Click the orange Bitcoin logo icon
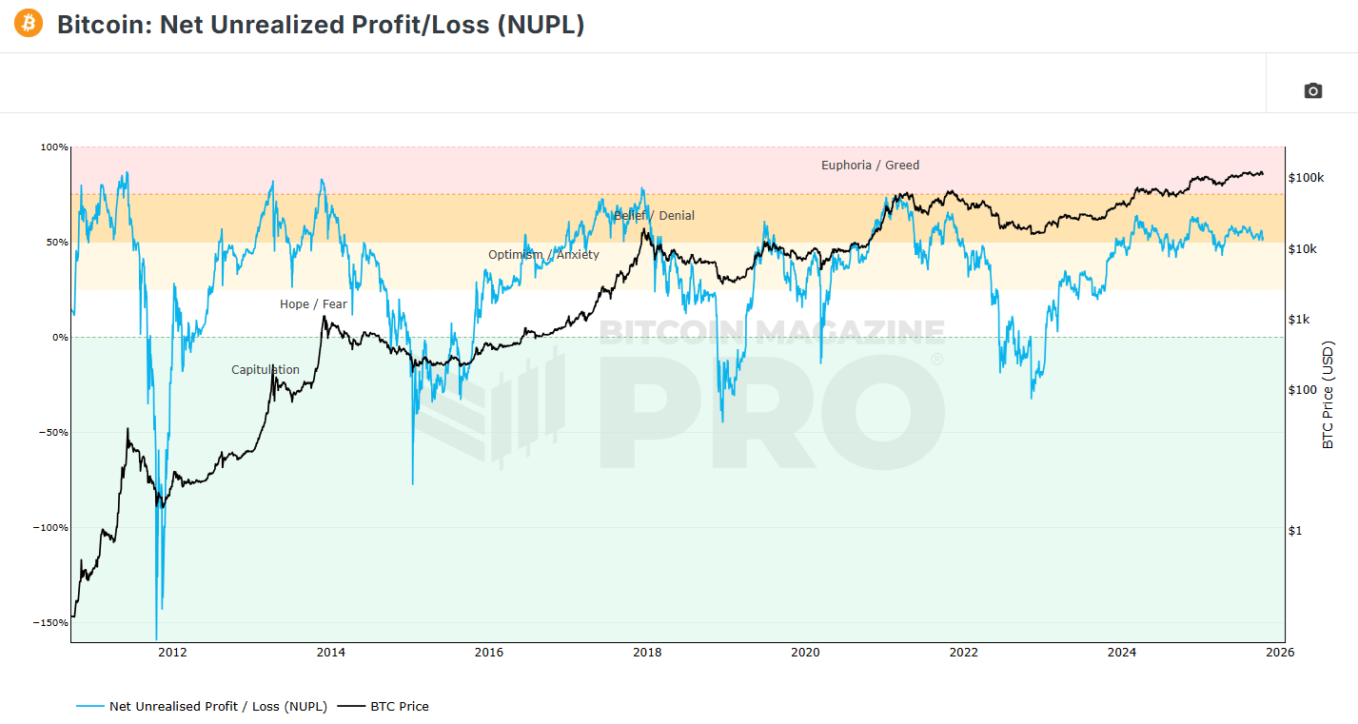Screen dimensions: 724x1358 [x=29, y=24]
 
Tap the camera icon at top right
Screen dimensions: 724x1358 [x=1312, y=90]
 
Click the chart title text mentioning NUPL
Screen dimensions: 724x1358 [x=321, y=25]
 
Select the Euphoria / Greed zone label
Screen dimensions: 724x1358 [x=870, y=166]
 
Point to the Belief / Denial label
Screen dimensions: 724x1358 [x=654, y=216]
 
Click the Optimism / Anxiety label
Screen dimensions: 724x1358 [x=543, y=255]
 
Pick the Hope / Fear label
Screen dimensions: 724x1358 [x=313, y=304]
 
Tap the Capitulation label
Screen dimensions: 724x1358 [x=266, y=370]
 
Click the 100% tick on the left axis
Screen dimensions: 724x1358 [x=54, y=147]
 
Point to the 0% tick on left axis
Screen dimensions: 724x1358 [x=59, y=338]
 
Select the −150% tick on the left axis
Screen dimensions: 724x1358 [x=52, y=623]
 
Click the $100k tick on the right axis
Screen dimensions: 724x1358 [x=1306, y=178]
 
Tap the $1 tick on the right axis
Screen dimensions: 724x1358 [x=1294, y=531]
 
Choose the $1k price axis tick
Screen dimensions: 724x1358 [x=1299, y=320]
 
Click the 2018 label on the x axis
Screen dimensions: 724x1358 [x=647, y=653]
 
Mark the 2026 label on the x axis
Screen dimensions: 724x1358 [x=1280, y=653]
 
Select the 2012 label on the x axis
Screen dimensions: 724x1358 [x=172, y=653]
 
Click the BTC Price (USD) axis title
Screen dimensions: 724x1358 [x=1328, y=395]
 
